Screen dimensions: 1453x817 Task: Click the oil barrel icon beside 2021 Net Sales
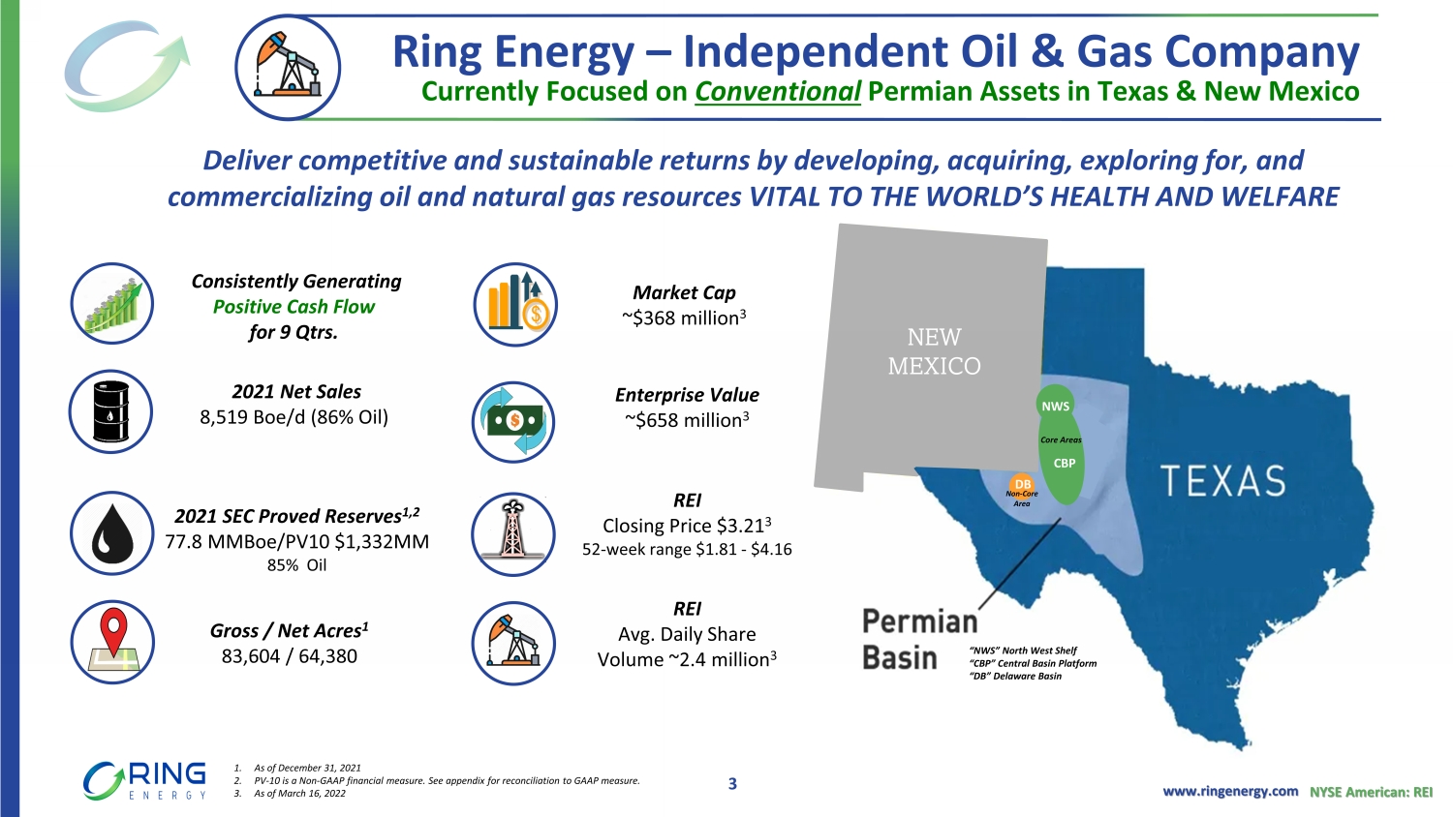click(111, 411)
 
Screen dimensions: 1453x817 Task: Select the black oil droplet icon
click(112, 533)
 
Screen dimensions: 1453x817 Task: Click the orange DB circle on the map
click(1022, 484)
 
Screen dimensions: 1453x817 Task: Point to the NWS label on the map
click(1056, 407)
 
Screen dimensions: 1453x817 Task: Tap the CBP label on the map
click(1065, 463)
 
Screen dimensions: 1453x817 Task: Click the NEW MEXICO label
click(934, 351)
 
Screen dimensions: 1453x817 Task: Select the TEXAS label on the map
click(1222, 480)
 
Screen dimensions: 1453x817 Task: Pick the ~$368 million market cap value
click(684, 318)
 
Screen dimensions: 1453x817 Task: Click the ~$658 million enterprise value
click(687, 420)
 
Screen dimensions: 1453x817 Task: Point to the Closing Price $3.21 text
click(687, 526)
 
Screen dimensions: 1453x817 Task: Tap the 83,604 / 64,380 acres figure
click(290, 656)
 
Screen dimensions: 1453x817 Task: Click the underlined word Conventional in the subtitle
click(778, 91)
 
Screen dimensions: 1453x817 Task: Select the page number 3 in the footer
click(732, 784)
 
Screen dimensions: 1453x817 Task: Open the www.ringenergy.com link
click(1230, 791)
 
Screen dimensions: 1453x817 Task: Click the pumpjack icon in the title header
click(288, 68)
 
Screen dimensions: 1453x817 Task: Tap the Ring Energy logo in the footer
click(144, 780)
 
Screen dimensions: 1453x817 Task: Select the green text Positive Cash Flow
click(294, 307)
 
